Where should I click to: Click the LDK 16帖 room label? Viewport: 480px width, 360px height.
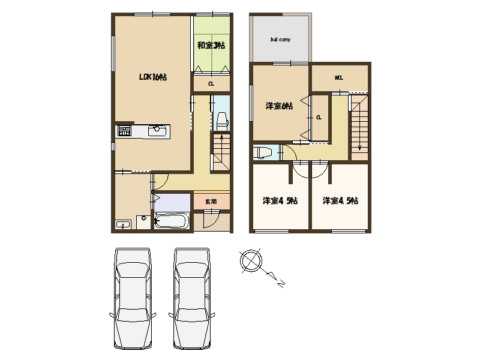153,77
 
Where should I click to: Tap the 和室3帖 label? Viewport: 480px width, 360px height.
211,46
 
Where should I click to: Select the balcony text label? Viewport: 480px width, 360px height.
280,40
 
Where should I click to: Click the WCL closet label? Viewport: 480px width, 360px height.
339,78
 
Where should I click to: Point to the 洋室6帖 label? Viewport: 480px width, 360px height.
279,106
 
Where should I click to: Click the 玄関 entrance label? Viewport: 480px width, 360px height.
211,202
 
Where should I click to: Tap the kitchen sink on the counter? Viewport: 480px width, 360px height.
158,131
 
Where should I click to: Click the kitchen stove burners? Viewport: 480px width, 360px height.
124,131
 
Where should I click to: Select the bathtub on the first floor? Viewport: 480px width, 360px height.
172,220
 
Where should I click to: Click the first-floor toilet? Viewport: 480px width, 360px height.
222,121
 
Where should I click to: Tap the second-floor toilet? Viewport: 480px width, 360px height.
263,152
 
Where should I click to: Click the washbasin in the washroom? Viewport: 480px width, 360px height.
123,224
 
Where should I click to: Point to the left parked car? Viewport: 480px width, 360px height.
133,298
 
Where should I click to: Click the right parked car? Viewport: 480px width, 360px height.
192,298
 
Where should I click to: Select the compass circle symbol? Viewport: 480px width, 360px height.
251,261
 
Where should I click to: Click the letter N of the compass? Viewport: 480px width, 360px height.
281,284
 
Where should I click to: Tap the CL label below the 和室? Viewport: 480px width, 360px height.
211,84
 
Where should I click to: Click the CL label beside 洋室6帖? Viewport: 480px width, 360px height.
319,118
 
